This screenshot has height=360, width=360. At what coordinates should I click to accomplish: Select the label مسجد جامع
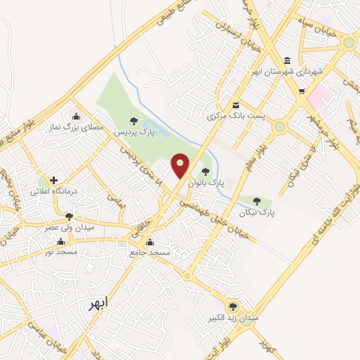click(150, 251)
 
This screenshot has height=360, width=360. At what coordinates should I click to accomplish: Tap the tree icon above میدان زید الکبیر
click(233, 306)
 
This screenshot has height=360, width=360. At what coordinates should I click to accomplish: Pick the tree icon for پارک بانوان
click(205, 171)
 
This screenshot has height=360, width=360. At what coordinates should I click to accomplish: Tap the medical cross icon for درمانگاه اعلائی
click(53, 180)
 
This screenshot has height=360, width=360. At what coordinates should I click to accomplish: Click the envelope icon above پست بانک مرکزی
click(235, 105)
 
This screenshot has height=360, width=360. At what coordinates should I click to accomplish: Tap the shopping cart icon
click(302, 91)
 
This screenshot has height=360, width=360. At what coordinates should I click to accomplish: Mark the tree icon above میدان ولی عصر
click(68, 217)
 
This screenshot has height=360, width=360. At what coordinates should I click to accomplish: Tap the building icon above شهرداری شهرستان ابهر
click(287, 60)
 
